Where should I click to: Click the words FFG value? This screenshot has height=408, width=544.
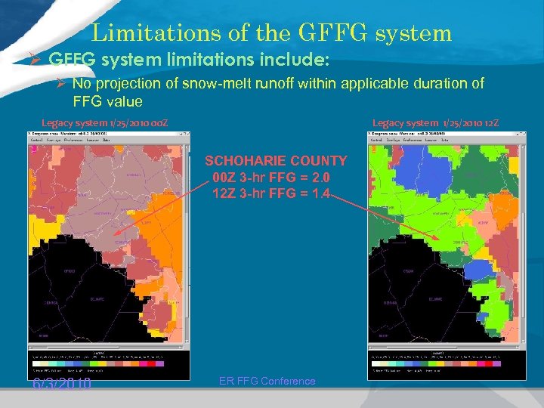coord(107,101)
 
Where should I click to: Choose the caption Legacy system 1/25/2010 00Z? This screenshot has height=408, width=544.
coord(104,122)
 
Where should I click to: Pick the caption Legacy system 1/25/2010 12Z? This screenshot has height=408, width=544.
coord(435,122)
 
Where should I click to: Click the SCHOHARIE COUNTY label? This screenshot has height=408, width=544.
coord(276,161)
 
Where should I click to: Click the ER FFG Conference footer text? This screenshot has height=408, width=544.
coord(267,381)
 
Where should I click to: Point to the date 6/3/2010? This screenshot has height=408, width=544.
coord(62,384)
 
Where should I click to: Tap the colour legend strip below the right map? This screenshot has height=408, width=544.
coord(447,362)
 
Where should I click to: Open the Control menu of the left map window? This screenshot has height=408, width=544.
coord(36,140)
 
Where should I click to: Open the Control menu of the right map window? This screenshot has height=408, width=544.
coord(376,140)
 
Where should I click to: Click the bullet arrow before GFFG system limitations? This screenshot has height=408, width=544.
coord(39,58)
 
